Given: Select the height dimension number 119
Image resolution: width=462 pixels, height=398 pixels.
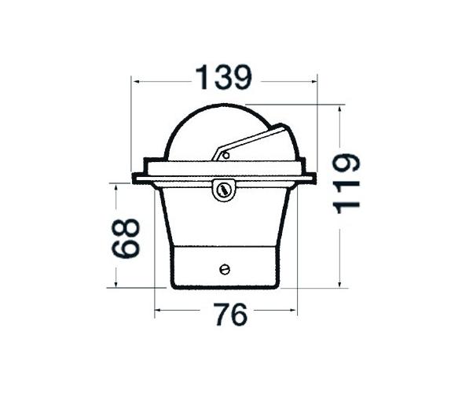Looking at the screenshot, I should click(346, 184).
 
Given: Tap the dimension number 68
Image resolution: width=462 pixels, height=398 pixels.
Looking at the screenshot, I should click(126, 238).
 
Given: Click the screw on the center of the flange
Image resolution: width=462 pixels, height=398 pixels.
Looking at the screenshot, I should click(224, 189).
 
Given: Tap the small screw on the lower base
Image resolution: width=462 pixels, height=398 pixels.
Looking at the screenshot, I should click(225, 270).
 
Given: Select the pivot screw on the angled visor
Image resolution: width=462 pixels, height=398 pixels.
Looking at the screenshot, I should click(225, 155).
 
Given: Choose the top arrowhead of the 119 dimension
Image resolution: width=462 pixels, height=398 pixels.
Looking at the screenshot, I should click(339, 108).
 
